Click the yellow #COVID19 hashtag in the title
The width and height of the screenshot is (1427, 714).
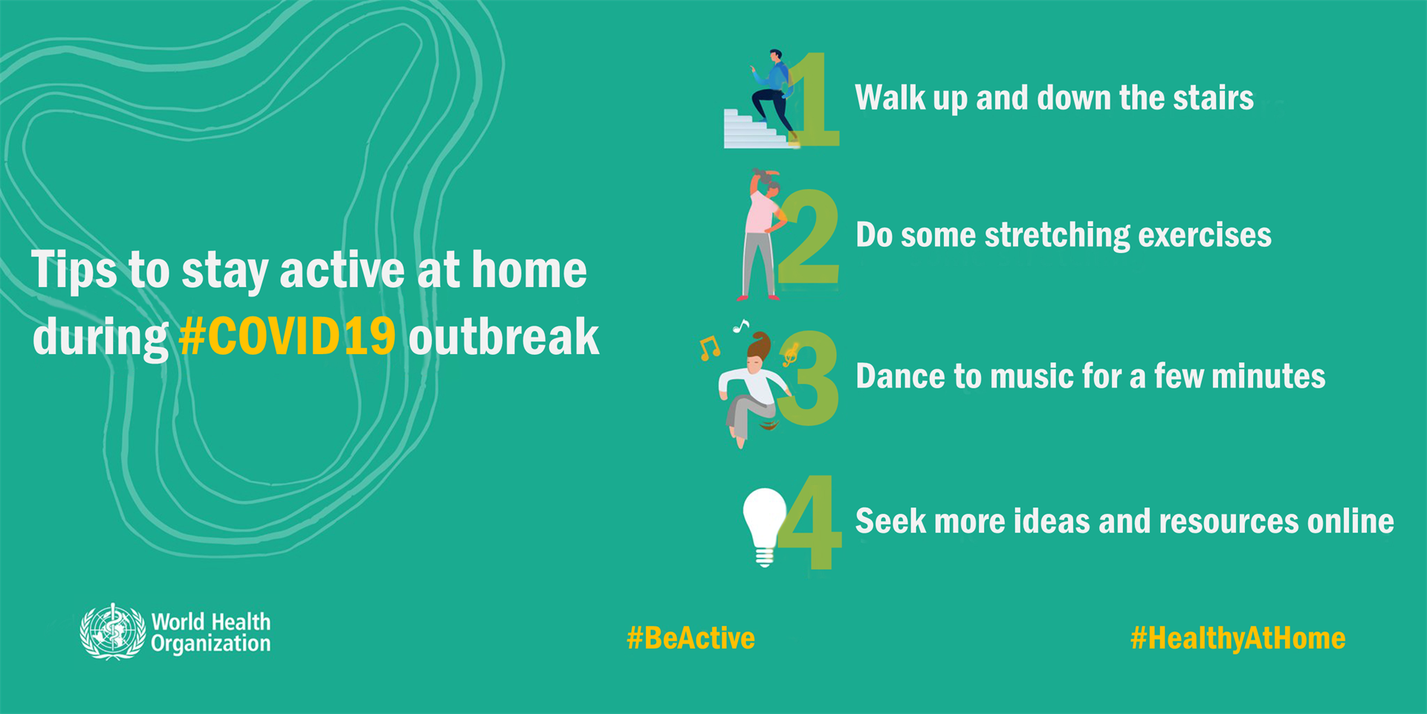click(x=287, y=337)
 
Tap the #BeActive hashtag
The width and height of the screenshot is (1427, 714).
click(x=690, y=638)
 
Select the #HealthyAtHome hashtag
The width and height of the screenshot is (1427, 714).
click(x=1237, y=638)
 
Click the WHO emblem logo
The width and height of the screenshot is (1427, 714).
click(x=112, y=631)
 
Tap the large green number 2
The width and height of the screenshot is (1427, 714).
click(x=809, y=238)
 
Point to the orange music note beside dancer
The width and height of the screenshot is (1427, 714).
click(x=709, y=347)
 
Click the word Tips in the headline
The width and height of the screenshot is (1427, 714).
click(x=74, y=270)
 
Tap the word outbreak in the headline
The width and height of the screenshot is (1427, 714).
click(x=503, y=337)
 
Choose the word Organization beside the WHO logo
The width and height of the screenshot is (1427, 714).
click(x=210, y=644)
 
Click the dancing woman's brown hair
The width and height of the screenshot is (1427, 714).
click(x=760, y=346)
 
